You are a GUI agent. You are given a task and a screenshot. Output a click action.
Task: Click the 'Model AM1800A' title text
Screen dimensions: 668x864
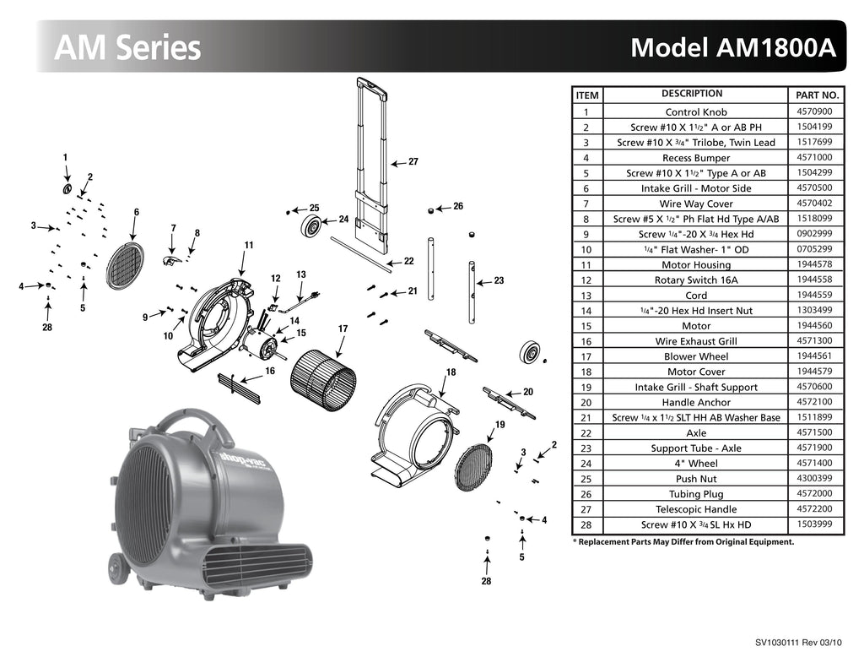[x=732, y=47]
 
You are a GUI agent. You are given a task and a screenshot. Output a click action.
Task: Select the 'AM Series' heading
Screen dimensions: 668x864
[x=127, y=47]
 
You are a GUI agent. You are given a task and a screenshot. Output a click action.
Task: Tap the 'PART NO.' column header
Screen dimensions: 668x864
[x=817, y=95]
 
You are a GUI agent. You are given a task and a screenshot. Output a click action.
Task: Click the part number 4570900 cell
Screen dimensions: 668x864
[x=814, y=111]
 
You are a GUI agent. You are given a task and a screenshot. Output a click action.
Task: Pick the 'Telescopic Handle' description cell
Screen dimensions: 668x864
[x=696, y=509]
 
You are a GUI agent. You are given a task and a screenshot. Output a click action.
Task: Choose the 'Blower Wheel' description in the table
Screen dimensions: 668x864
[x=696, y=356]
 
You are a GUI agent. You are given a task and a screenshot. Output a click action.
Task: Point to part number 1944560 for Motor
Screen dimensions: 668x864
[x=814, y=326]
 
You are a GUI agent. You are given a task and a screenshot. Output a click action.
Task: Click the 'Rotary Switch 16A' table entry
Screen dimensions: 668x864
[x=696, y=280]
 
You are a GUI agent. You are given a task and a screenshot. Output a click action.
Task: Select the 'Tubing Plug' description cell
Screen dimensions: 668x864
[x=696, y=494]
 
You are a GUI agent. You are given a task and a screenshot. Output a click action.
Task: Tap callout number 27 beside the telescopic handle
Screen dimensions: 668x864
[x=413, y=161]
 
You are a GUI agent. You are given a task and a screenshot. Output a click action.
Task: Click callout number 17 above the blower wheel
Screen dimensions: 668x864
[x=343, y=328]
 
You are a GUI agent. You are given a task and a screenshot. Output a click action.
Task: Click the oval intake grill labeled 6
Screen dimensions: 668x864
[x=125, y=264]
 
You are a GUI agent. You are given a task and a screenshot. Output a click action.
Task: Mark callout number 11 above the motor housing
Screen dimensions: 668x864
[x=249, y=245]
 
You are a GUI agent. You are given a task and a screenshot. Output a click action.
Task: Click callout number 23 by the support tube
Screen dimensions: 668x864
[x=499, y=280]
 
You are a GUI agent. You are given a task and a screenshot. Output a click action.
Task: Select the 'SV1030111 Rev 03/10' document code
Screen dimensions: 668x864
[x=798, y=643]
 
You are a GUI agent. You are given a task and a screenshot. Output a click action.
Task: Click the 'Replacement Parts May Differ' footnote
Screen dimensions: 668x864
[x=683, y=542]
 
